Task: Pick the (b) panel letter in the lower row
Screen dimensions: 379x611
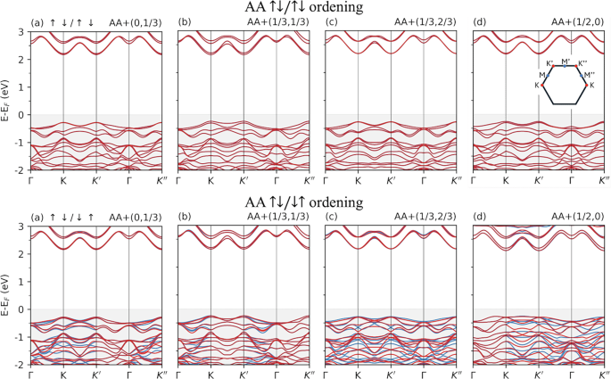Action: coord(186,216)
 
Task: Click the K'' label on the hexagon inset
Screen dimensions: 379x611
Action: coord(582,63)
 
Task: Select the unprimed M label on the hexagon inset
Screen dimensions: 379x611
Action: coord(541,76)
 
